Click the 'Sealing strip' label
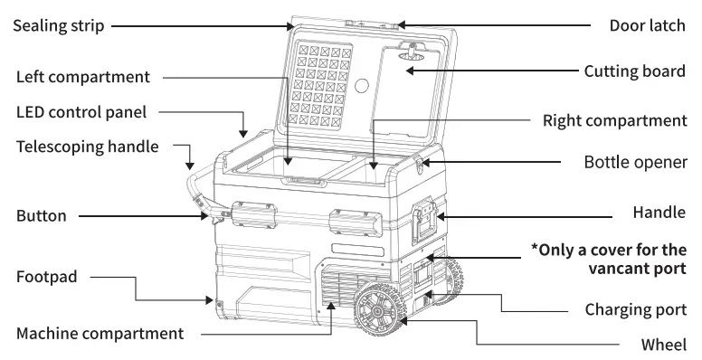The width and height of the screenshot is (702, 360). pyautogui.click(x=57, y=26)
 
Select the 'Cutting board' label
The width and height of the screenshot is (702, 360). pyautogui.click(x=634, y=71)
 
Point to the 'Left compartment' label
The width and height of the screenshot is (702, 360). pyautogui.click(x=83, y=77)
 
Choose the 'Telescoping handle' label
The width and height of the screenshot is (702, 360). pyautogui.click(x=87, y=145)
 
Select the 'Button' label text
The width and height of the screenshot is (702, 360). pyautogui.click(x=41, y=216)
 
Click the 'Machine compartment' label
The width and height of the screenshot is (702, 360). pyautogui.click(x=100, y=334)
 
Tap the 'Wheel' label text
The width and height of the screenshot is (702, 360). pyautogui.click(x=665, y=344)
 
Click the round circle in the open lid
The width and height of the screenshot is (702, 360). pyautogui.click(x=363, y=87)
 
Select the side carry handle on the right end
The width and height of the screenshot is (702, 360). pyautogui.click(x=426, y=221)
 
